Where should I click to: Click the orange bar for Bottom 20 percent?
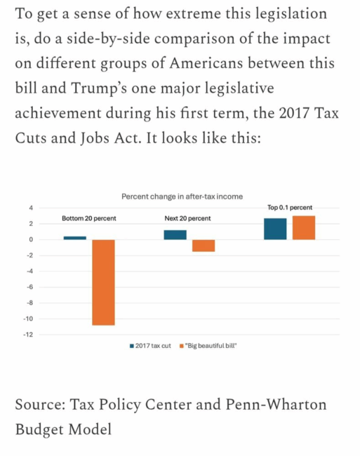point(104,283)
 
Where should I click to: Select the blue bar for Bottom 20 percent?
point(74,238)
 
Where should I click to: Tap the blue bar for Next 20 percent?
point(175,235)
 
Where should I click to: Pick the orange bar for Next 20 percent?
point(204,246)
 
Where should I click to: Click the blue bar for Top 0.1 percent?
point(275,229)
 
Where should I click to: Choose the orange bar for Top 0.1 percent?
point(304,228)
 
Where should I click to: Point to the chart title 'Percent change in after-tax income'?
point(182,196)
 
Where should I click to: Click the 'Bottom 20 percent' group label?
point(89,218)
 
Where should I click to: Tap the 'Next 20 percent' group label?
point(187,218)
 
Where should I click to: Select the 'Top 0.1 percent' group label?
point(290,208)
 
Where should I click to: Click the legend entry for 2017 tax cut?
point(150,346)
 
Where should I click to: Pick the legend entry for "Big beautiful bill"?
point(208,346)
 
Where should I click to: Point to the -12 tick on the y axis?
point(29,335)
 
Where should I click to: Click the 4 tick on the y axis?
point(31,208)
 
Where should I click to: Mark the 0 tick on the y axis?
point(31,240)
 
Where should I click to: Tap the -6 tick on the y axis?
point(30,287)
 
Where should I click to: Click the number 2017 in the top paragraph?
point(294,113)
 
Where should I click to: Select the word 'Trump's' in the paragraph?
point(99,88)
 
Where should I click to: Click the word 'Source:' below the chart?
point(40,404)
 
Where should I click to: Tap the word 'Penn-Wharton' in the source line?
point(276,404)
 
